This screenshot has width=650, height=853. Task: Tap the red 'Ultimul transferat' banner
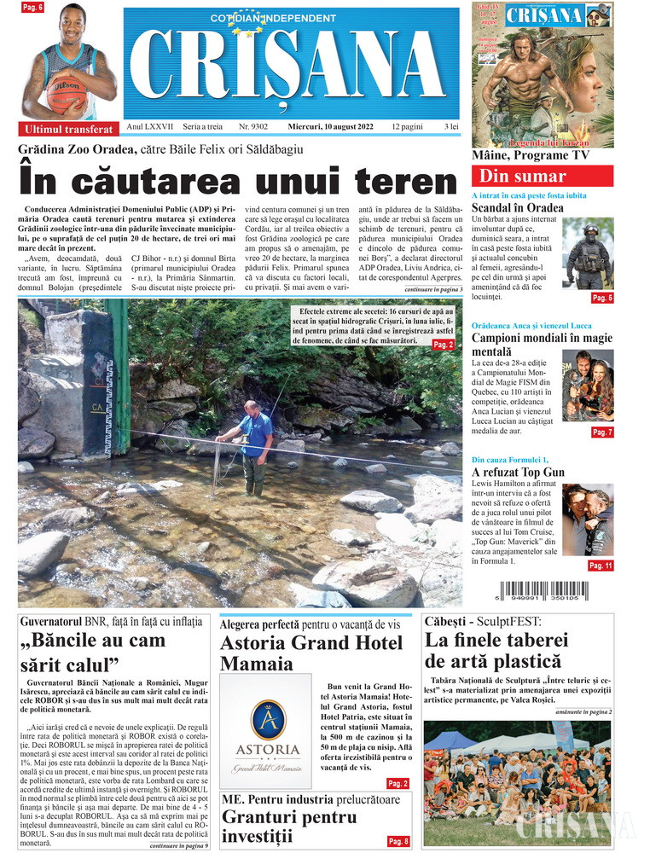[x=68, y=130]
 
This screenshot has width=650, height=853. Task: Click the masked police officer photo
[x=589, y=255]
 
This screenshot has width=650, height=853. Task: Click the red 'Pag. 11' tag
[x=601, y=565]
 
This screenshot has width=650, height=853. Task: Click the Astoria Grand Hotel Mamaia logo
[x=266, y=730]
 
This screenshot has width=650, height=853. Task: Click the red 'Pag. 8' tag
[x=398, y=841]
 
